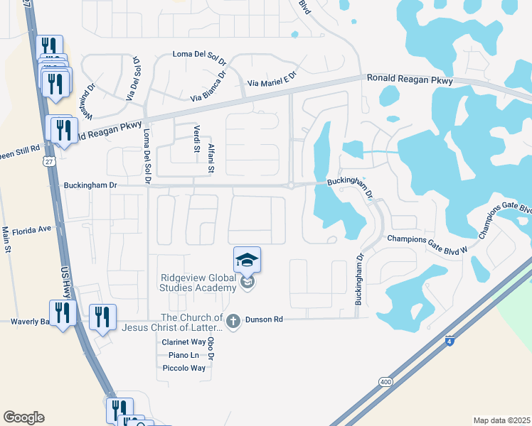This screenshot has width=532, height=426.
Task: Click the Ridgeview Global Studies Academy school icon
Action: [x=247, y=261]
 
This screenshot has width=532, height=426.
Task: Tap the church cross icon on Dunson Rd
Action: [x=233, y=320]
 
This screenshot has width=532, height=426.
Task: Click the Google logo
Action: [x=23, y=417]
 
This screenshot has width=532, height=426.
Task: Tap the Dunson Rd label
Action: [x=264, y=320]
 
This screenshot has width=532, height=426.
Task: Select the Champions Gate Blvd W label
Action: [x=427, y=239]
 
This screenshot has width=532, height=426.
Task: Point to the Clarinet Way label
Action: [x=184, y=342]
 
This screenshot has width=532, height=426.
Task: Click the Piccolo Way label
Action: [x=184, y=368]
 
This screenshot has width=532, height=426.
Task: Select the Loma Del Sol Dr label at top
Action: [x=200, y=55]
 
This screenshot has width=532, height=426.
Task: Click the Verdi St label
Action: [x=196, y=138]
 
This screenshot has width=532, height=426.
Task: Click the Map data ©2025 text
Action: [x=501, y=420]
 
